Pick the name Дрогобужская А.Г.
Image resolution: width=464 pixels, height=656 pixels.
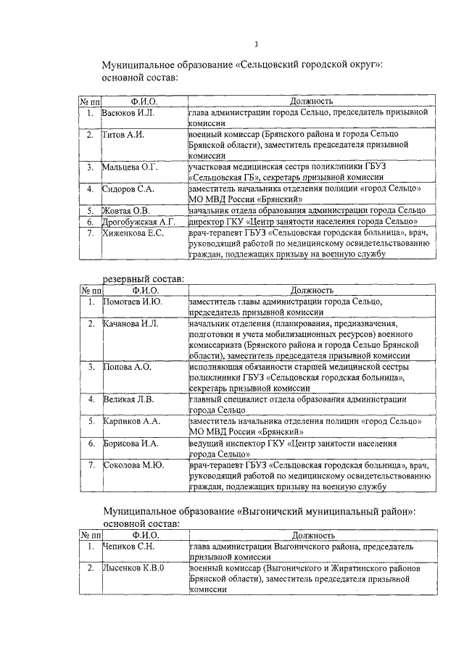tap(139, 221)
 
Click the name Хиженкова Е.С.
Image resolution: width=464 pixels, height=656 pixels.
tap(133, 233)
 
